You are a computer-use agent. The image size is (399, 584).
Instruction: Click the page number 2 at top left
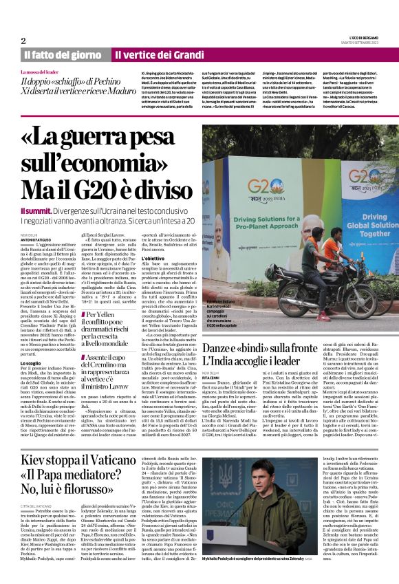[x=23, y=41]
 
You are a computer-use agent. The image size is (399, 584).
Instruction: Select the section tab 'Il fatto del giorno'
[x=63, y=54]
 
